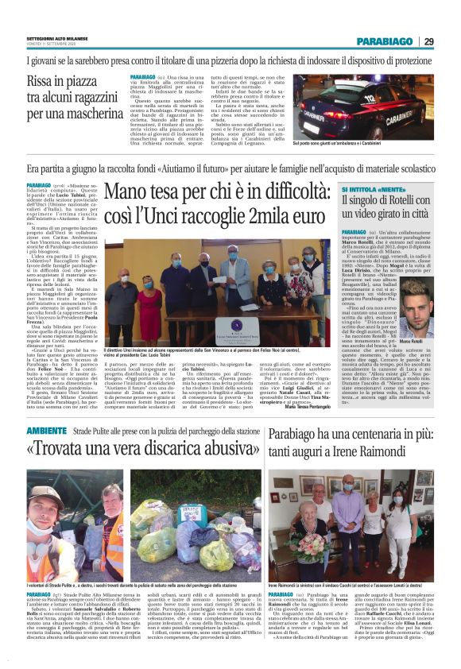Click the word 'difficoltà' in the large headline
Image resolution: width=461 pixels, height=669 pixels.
pyautogui.click(x=286, y=193)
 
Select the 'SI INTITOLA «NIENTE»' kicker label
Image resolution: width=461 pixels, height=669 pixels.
pyautogui.click(x=366, y=189)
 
